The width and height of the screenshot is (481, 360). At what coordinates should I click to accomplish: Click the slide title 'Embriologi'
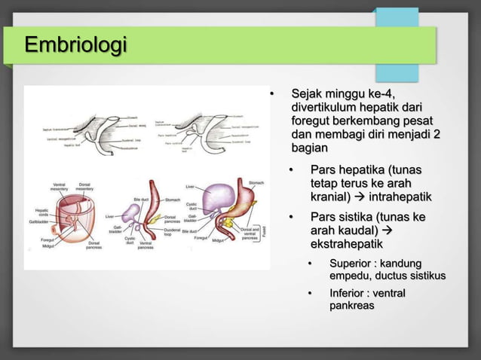pos(75,44)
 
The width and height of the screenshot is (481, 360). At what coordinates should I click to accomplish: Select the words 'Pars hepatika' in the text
pos(348,170)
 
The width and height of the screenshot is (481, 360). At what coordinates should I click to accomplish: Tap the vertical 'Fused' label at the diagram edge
pos(263,235)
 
